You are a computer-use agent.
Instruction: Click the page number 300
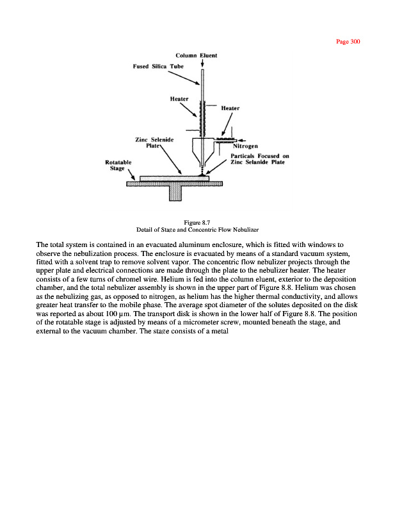[x=349, y=42]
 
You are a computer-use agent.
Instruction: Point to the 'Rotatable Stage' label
[x=118, y=166]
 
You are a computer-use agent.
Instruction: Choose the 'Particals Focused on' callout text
[x=259, y=156]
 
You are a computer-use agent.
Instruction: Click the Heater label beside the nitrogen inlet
[x=230, y=108]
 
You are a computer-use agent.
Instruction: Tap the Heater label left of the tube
[x=179, y=99]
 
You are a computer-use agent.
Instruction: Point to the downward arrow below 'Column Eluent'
[x=202, y=63]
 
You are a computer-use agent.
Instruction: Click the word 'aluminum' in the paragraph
[x=189, y=244]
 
